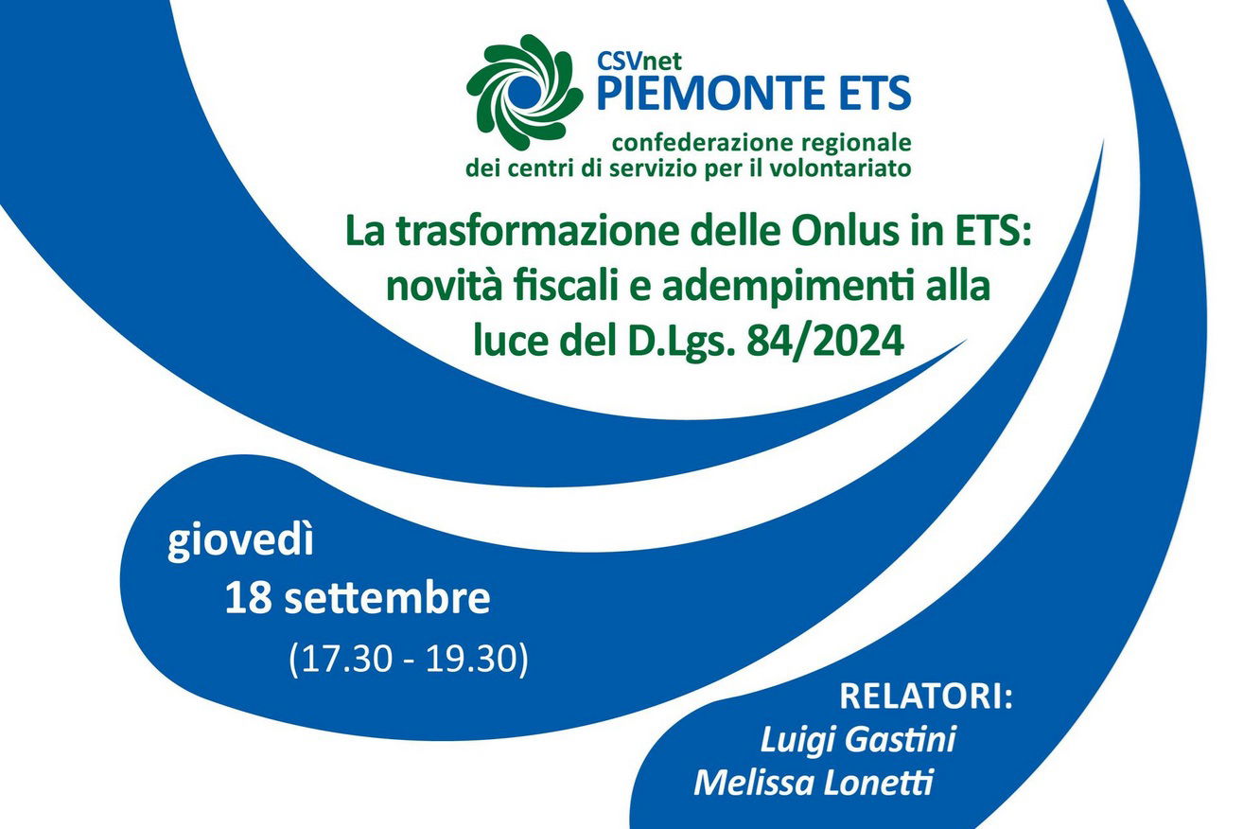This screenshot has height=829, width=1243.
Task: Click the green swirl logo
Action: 524,92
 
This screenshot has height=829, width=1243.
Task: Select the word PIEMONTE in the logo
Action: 702,94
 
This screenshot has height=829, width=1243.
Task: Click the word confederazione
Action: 703,143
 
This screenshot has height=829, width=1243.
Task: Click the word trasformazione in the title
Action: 538,232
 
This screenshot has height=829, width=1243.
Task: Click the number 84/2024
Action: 825,342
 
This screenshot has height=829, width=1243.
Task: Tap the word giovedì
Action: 240,542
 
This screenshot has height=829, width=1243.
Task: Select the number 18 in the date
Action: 248,598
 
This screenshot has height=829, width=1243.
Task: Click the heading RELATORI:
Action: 926,697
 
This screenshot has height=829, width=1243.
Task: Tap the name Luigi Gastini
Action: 857,741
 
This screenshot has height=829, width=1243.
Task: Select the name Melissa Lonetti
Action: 813,783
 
